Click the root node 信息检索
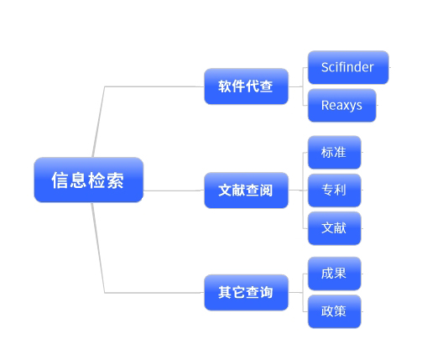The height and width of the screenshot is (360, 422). (x=89, y=180)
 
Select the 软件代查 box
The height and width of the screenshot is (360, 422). (x=246, y=86)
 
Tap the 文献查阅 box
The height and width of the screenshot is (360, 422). (x=246, y=190)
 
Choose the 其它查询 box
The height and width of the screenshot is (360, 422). (x=246, y=292)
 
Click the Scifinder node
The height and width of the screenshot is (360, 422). (x=348, y=67)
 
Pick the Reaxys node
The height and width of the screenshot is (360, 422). (x=342, y=105)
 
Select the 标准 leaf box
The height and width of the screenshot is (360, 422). (x=335, y=152)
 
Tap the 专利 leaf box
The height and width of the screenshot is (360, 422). (x=335, y=190)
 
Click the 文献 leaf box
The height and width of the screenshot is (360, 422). (x=335, y=228)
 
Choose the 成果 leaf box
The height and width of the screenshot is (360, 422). (x=335, y=274)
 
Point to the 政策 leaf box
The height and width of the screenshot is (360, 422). (x=335, y=311)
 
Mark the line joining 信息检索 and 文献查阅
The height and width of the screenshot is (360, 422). (x=174, y=190)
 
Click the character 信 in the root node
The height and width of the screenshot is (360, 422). (x=60, y=180)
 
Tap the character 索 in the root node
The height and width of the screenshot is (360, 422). (x=115, y=180)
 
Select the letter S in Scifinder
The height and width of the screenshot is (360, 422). (x=325, y=67)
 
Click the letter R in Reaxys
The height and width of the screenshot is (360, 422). (x=326, y=105)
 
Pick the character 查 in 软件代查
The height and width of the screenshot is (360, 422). (x=266, y=86)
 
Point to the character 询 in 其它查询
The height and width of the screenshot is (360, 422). (x=266, y=292)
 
